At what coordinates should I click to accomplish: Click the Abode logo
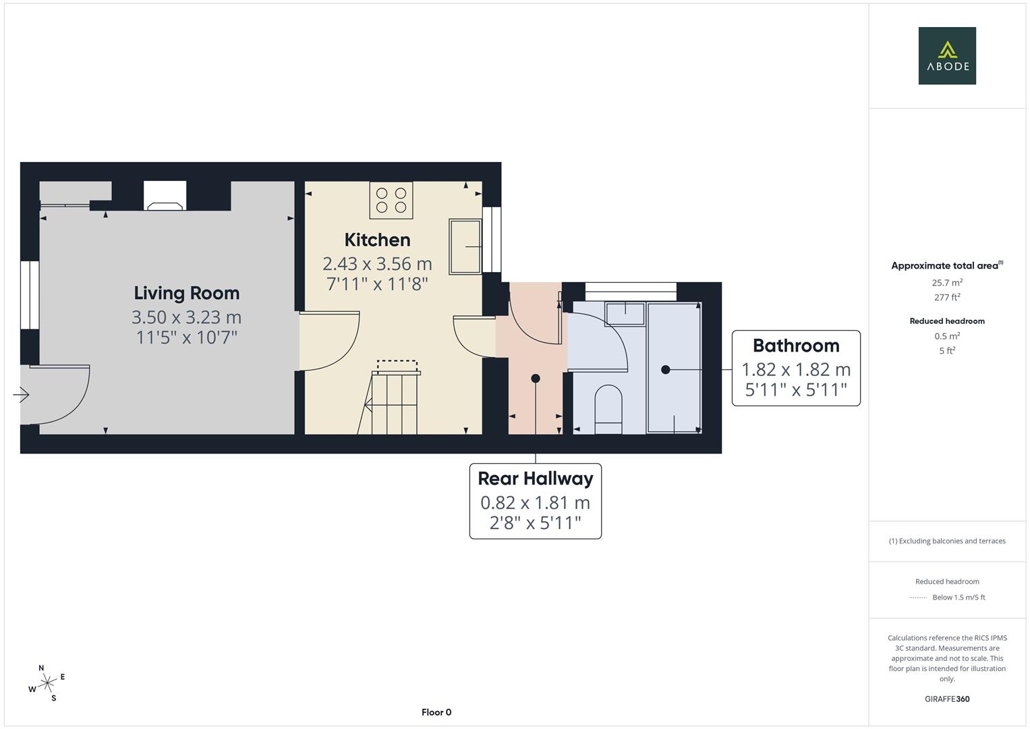(x=947, y=55)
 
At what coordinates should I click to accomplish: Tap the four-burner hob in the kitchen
(x=391, y=200)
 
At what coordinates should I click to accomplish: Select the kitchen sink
(x=465, y=246)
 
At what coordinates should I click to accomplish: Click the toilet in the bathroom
(x=608, y=409)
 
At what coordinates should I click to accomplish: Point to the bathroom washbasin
(x=625, y=314)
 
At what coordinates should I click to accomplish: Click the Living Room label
(x=187, y=294)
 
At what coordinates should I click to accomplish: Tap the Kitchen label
(x=378, y=240)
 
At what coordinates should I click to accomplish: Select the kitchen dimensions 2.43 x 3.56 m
(x=378, y=264)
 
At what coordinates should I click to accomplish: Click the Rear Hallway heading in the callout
(x=536, y=479)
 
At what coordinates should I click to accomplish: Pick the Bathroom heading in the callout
(x=796, y=346)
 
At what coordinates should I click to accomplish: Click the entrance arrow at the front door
(x=21, y=394)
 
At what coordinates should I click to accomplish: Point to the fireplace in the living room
(x=165, y=196)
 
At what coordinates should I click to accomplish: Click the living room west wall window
(x=30, y=295)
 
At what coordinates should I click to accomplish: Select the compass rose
(x=47, y=683)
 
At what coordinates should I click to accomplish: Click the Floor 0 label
(x=436, y=712)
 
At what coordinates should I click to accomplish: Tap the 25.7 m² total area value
(x=947, y=283)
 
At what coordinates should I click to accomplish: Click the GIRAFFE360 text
(x=947, y=699)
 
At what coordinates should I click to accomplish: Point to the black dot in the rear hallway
(x=536, y=378)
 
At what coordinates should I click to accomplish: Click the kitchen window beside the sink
(x=492, y=240)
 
